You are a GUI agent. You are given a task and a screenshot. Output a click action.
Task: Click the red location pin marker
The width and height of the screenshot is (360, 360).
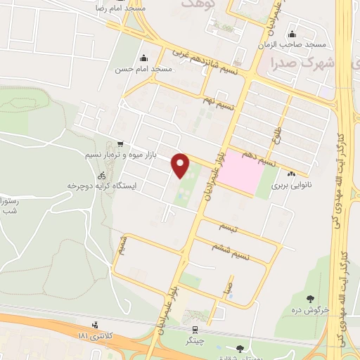(181, 165)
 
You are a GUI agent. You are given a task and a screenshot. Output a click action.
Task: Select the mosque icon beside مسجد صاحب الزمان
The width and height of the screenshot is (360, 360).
(292, 35)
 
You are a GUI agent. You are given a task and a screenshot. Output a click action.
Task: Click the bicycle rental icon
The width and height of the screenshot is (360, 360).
(102, 176)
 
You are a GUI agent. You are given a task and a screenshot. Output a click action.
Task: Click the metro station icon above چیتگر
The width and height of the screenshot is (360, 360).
(194, 328)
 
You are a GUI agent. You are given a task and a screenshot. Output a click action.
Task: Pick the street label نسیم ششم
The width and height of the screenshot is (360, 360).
(233, 248)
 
